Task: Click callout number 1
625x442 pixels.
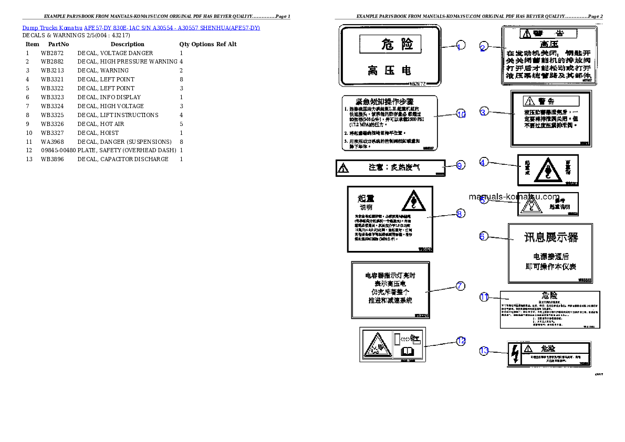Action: point(460,46)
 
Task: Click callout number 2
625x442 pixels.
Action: point(483,48)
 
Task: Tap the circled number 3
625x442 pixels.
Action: point(484,111)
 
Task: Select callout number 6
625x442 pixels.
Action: point(482,236)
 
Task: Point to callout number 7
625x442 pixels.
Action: point(460,286)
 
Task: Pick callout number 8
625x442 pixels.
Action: point(460,213)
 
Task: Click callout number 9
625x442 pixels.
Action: point(460,165)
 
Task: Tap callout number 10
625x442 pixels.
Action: point(461,114)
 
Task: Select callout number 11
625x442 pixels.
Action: point(484,297)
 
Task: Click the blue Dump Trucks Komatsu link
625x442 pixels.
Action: point(141,28)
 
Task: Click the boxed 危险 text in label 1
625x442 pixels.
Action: point(390,44)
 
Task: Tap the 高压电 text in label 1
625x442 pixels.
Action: point(389,70)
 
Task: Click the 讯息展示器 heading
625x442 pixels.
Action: point(551,237)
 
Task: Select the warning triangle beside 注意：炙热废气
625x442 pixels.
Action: point(343,168)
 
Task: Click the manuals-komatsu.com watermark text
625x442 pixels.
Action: point(514,197)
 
